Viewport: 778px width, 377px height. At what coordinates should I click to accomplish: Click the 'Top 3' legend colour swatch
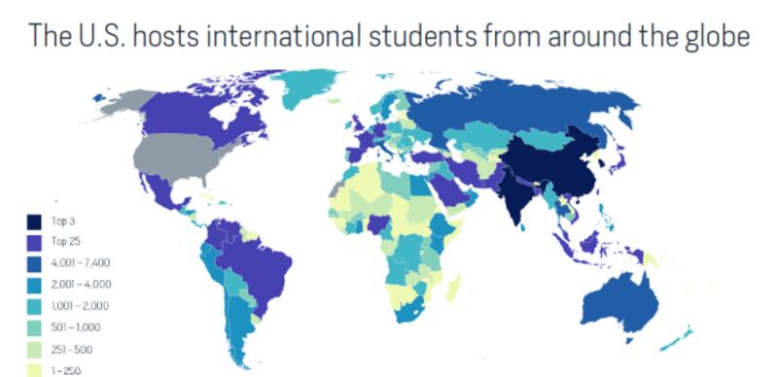[x=33, y=222]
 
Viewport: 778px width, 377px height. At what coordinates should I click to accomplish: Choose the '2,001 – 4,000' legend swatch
[x=33, y=284]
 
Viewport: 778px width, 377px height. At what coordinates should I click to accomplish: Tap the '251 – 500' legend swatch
[x=33, y=348]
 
